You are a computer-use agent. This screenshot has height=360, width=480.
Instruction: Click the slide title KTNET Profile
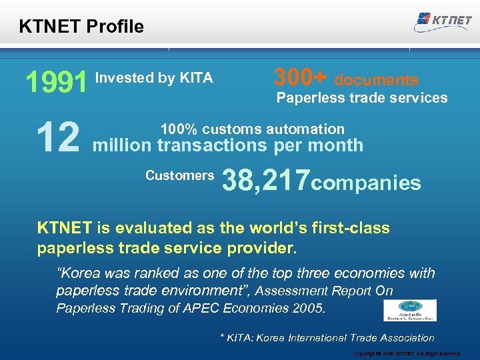81,27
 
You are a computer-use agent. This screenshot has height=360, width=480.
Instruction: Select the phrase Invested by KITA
154,78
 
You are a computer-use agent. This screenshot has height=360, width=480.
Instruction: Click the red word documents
376,81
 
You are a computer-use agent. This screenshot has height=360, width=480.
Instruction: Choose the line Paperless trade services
362,98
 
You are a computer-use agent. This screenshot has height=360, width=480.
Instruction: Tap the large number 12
58,137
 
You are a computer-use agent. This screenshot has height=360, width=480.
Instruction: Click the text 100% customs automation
253,129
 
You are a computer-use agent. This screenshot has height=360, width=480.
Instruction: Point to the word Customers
179,176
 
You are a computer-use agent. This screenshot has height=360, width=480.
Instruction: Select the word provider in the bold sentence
264,248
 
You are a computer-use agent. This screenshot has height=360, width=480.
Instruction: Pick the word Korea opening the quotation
82,273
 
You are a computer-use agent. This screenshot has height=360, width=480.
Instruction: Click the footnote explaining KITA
327,338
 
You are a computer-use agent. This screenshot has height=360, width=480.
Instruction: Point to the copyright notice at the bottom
407,353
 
